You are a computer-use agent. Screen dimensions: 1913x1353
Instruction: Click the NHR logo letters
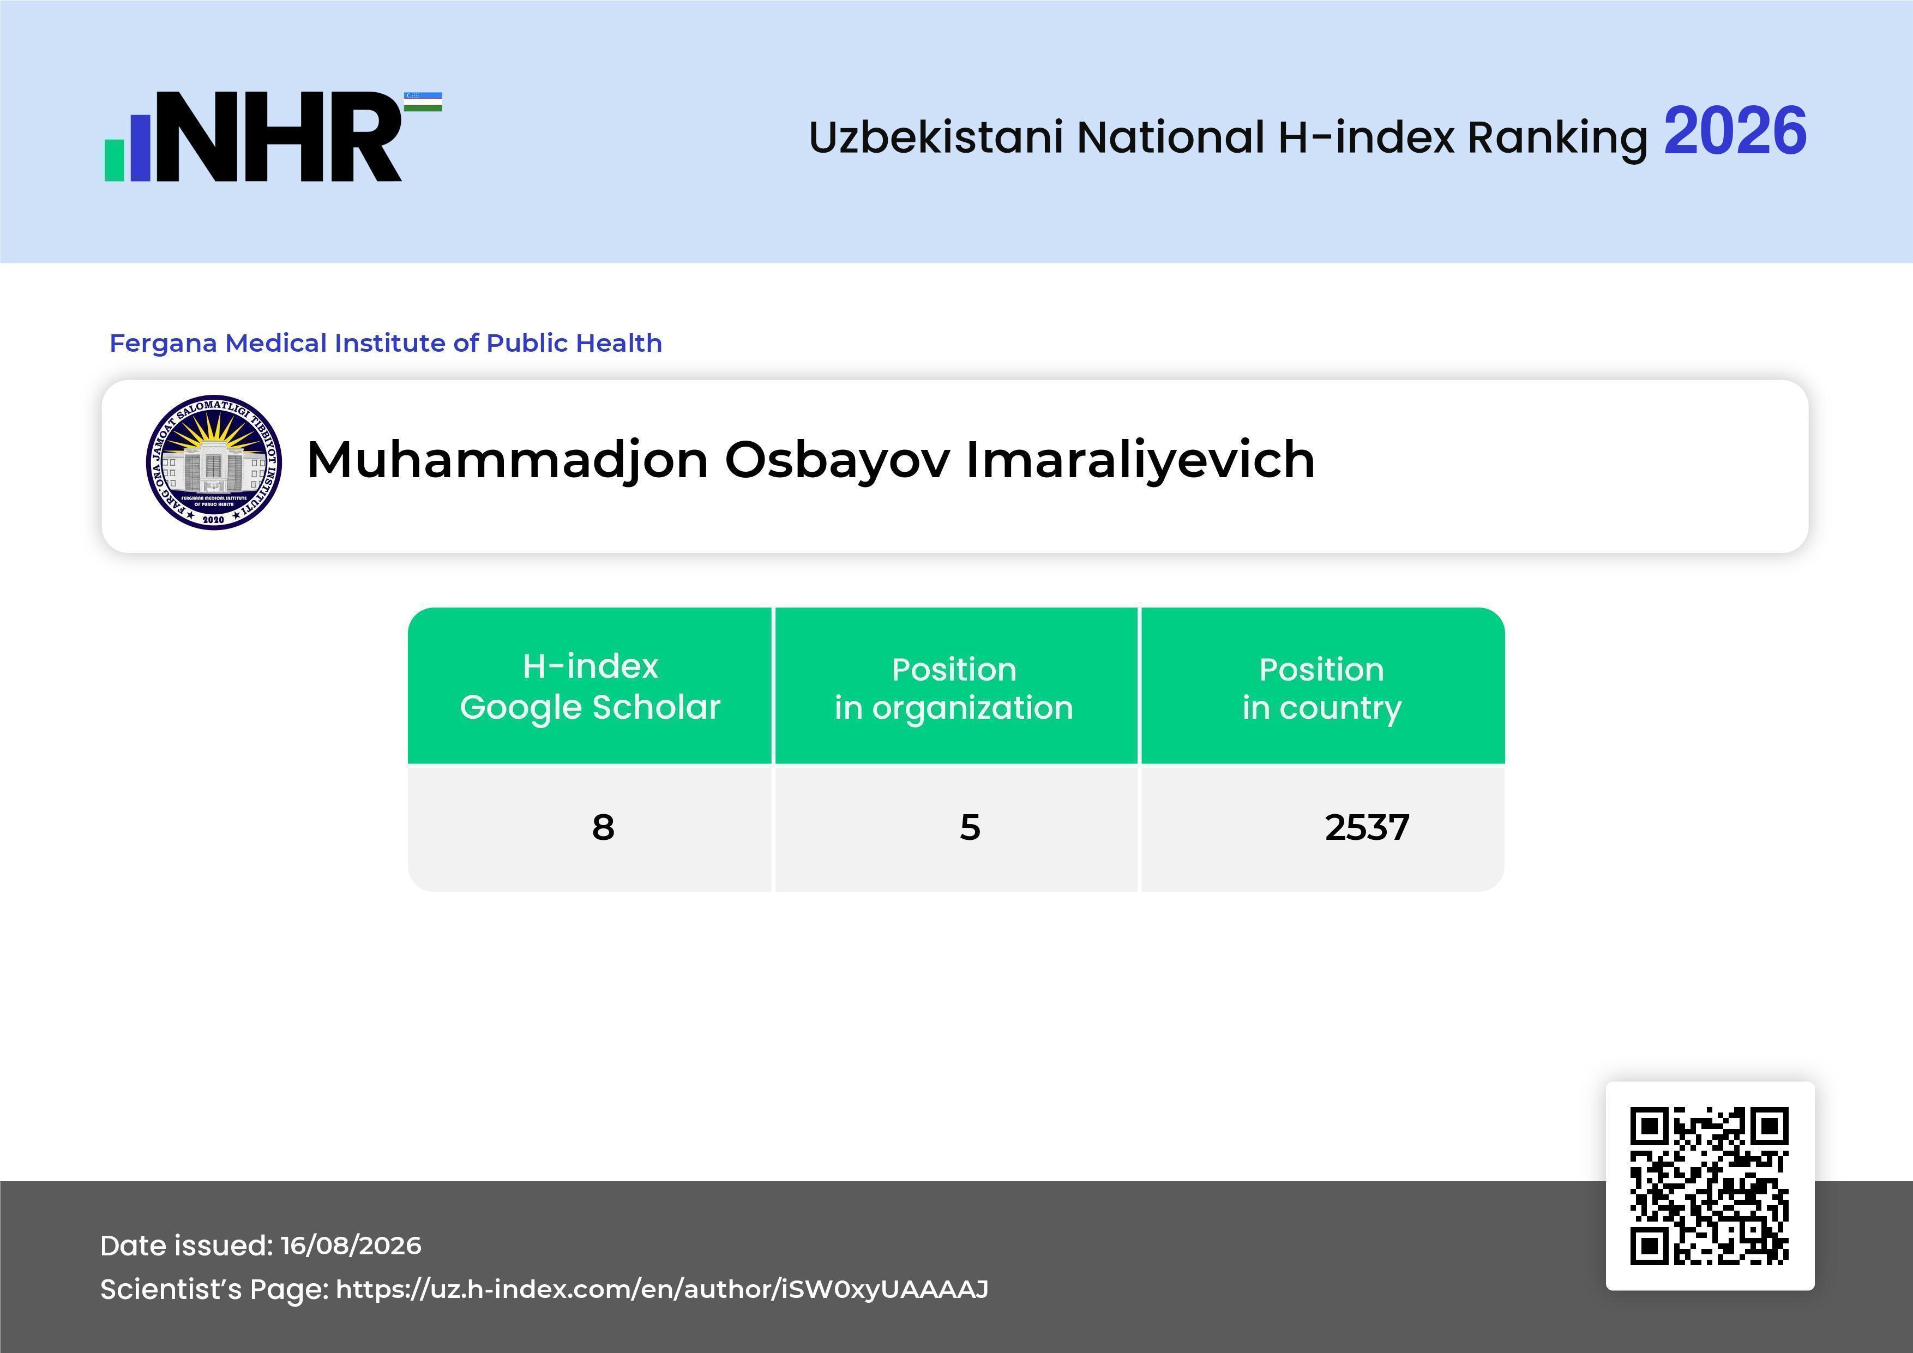279,137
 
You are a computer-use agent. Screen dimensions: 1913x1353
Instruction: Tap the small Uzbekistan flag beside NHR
423,101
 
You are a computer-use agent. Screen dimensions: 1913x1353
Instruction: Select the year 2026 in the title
1735,131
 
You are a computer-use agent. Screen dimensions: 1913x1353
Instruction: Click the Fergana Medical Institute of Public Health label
386,343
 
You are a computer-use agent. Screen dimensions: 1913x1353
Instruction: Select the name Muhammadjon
507,461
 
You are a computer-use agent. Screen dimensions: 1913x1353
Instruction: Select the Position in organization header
954,688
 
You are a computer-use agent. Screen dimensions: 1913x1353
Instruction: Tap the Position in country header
1321,688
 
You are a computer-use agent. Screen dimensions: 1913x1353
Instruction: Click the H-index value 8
603,827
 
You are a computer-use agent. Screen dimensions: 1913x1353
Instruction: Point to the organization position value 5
970,827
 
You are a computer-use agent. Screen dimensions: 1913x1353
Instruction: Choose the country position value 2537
1367,827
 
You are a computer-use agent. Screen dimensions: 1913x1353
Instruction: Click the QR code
1710,1186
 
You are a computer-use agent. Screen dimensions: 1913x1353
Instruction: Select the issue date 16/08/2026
351,1246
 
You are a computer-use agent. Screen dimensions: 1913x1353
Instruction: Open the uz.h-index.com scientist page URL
663,1290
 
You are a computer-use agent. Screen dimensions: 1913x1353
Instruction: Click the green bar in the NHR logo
114,160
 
